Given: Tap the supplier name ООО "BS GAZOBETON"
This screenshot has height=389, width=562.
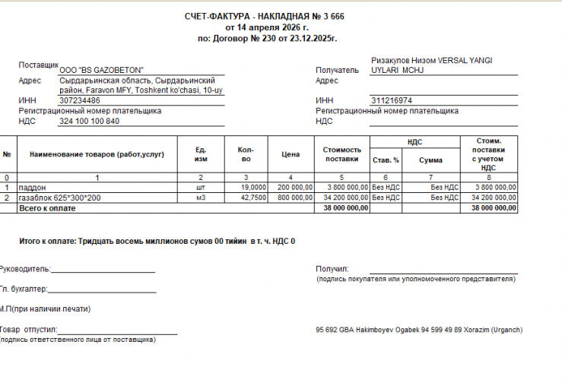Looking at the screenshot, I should pyautogui.click(x=106, y=70).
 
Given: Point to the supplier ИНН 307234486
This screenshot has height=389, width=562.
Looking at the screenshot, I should pyautogui.click(x=79, y=100).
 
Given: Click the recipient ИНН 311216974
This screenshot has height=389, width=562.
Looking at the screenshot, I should pyautogui.click(x=392, y=100).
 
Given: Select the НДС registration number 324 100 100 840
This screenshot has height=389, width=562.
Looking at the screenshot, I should pyautogui.click(x=89, y=121).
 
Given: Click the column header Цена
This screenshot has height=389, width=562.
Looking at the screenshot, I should pyautogui.click(x=291, y=154).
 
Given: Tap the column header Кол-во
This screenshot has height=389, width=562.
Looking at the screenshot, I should pyautogui.click(x=245, y=154).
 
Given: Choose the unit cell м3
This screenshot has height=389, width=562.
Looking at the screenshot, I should pyautogui.click(x=201, y=198).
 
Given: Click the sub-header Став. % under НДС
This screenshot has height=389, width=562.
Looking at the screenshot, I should pyautogui.click(x=386, y=160).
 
